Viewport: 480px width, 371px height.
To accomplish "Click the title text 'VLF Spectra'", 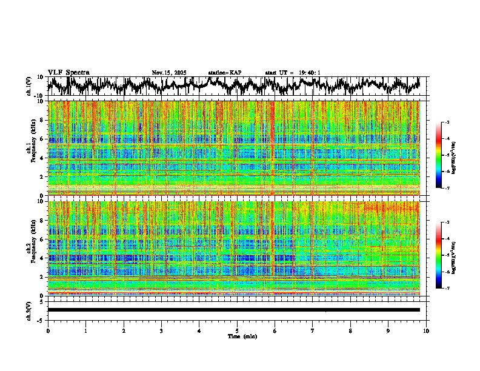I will pyautogui.click(x=68, y=72).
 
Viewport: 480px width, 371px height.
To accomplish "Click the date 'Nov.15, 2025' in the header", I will pyautogui.click(x=169, y=73).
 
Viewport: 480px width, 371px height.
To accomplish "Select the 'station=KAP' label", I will pyautogui.click(x=225, y=73).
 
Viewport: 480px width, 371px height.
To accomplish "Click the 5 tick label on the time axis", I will pyautogui.click(x=237, y=330).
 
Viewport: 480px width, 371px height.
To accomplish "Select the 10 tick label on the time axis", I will pyautogui.click(x=426, y=330).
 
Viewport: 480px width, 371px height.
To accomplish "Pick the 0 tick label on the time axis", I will pyautogui.click(x=48, y=330).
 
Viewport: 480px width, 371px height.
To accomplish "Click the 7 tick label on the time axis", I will pyautogui.click(x=313, y=330).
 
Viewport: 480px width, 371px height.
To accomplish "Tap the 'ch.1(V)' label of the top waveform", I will pyautogui.click(x=29, y=86).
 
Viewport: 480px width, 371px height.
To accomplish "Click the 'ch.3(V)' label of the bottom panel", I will pyautogui.click(x=29, y=310).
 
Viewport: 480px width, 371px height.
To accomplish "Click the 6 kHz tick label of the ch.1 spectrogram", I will pyautogui.click(x=42, y=139).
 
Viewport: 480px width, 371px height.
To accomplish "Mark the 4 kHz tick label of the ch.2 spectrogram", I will pyautogui.click(x=42, y=258).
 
